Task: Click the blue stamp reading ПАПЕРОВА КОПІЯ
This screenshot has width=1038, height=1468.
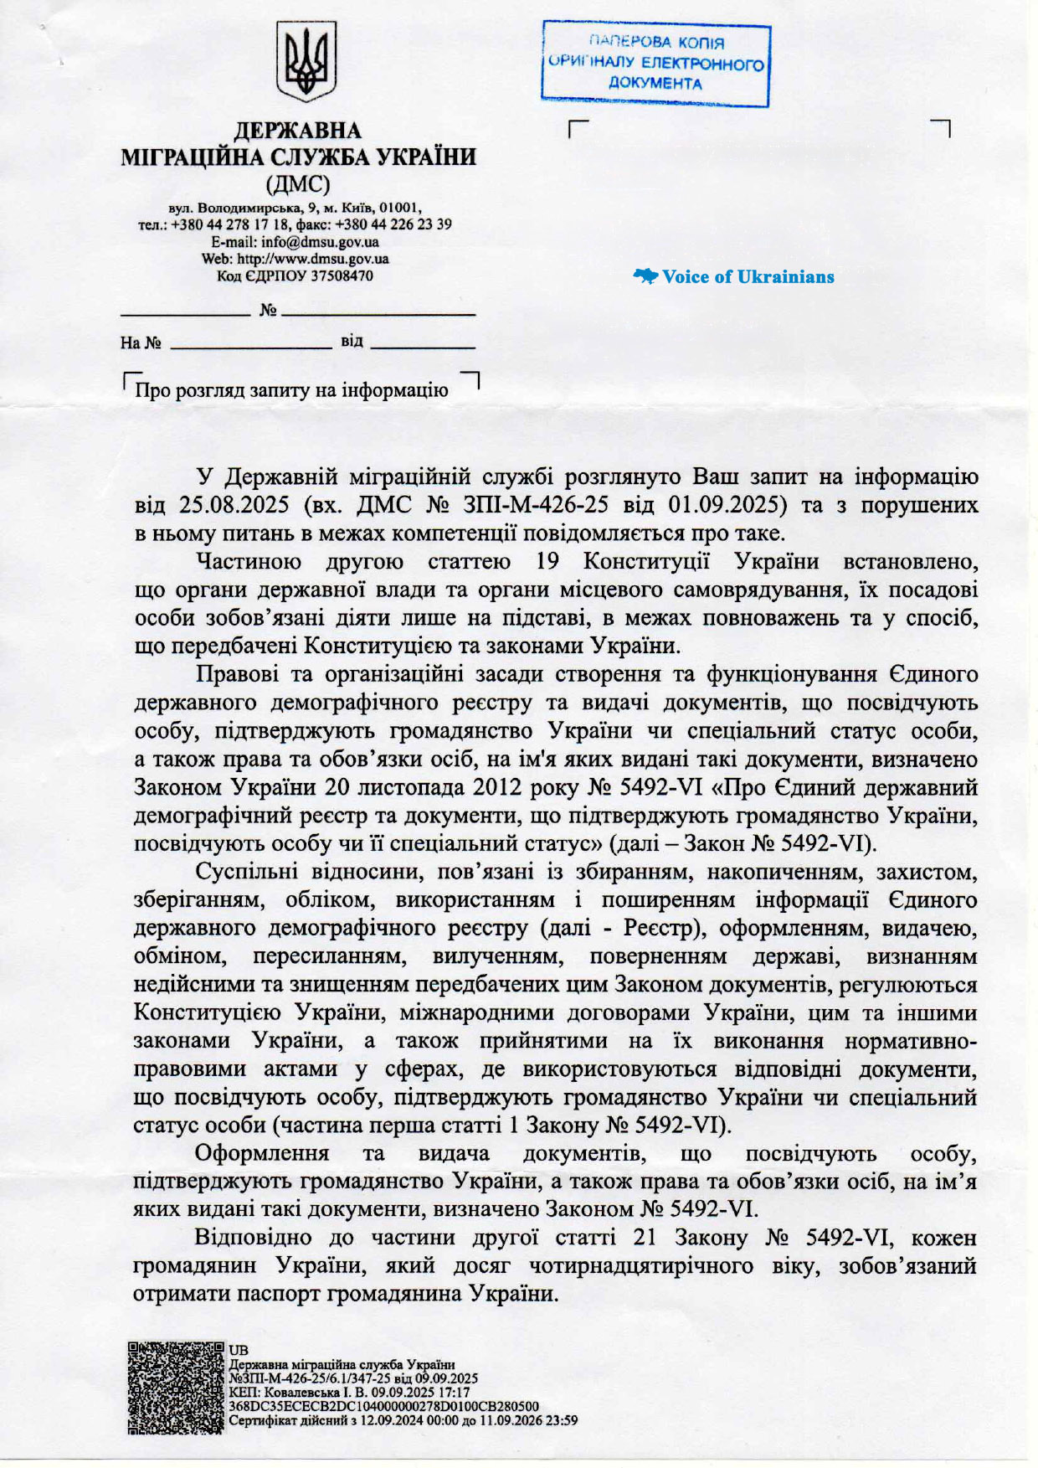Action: pos(655,64)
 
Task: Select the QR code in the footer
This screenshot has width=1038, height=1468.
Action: pos(177,1387)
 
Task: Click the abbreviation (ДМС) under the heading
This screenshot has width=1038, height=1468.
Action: pos(297,183)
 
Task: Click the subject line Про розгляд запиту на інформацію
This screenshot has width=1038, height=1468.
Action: pos(292,390)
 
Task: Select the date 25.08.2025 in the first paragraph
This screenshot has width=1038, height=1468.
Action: pos(234,505)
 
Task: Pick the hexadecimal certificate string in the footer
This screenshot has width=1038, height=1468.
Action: pos(383,1406)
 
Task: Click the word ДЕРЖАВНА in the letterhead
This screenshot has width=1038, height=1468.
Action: pos(297,131)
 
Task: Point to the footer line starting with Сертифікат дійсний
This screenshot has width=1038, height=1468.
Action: pos(403,1420)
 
